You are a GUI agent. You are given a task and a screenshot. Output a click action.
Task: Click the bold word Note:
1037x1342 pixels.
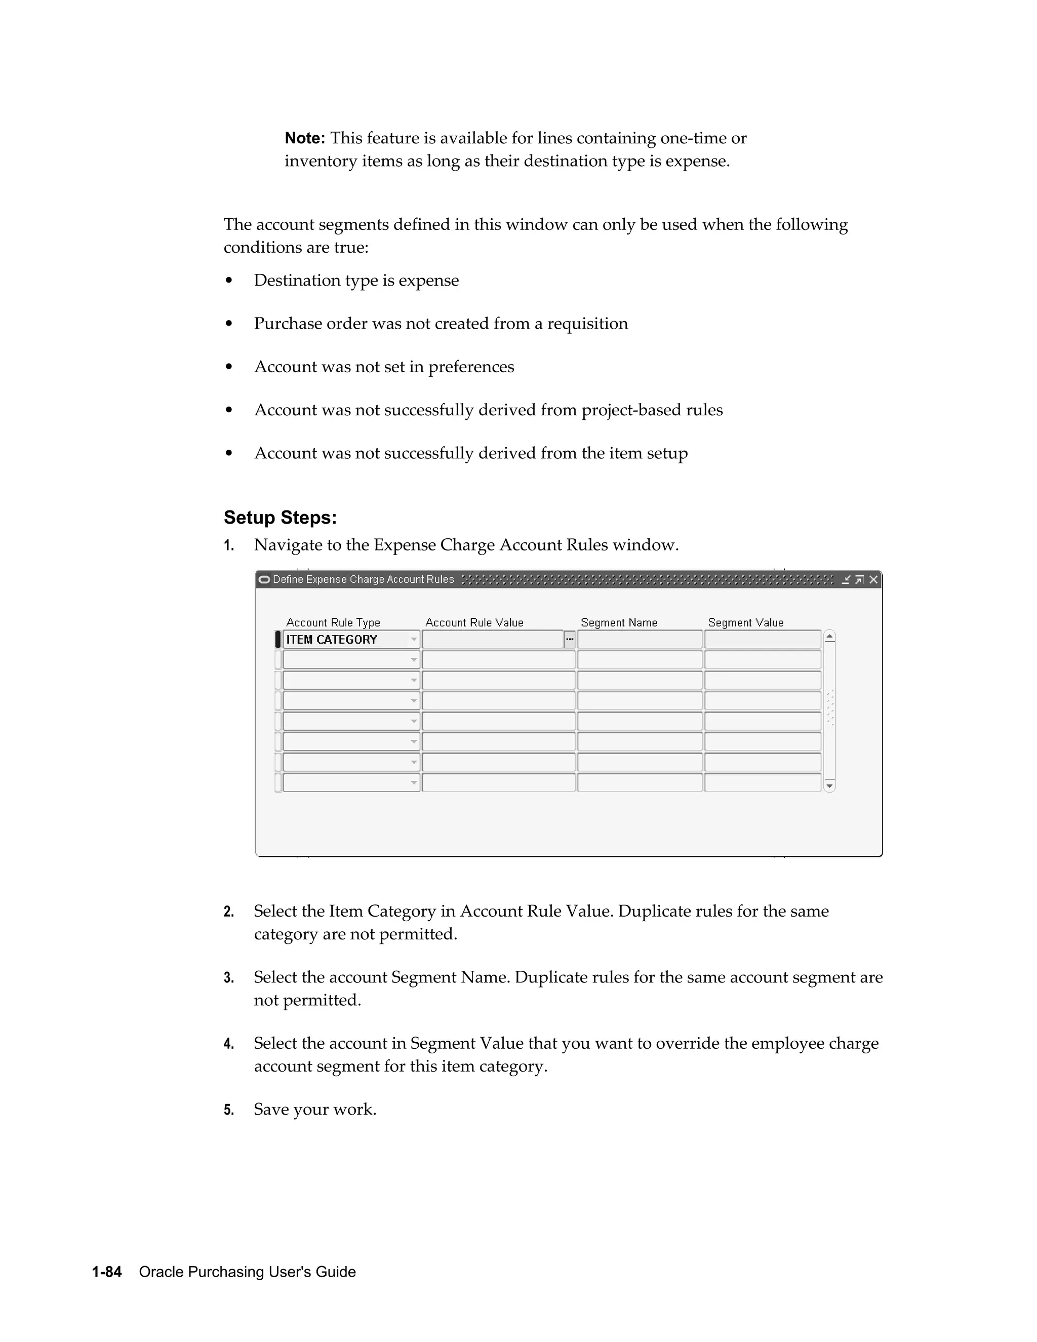pyautogui.click(x=304, y=138)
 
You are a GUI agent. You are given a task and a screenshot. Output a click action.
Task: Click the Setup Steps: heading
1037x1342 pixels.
pyautogui.click(x=280, y=518)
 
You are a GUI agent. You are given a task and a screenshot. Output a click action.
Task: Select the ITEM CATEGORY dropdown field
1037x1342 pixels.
pyautogui.click(x=350, y=640)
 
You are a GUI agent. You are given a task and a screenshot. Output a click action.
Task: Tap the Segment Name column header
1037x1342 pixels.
pyautogui.click(x=619, y=622)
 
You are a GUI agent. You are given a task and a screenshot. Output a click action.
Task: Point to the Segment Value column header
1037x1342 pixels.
pyautogui.click(x=745, y=622)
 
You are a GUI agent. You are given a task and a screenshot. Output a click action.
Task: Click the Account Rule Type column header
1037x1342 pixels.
pyautogui.click(x=333, y=622)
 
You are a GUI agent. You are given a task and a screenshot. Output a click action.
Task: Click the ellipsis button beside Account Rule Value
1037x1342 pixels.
pyautogui.click(x=570, y=640)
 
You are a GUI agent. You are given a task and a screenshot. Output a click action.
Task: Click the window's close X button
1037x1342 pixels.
pyautogui.click(x=873, y=579)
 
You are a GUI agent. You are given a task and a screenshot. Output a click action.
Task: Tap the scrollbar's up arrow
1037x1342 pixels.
pyautogui.click(x=829, y=637)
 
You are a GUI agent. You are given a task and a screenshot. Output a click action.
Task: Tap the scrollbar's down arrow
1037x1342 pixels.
pyautogui.click(x=829, y=785)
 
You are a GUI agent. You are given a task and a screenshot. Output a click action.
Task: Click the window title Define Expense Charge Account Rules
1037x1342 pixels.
pyautogui.click(x=363, y=579)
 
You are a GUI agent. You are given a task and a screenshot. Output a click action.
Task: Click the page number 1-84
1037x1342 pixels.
pyautogui.click(x=107, y=1272)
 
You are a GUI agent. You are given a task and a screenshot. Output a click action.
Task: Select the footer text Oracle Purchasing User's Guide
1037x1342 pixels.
pyautogui.click(x=247, y=1272)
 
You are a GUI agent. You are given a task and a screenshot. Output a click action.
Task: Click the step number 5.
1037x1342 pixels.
pyautogui.click(x=228, y=1110)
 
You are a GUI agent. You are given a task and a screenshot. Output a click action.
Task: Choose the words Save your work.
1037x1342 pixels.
pyautogui.click(x=314, y=1109)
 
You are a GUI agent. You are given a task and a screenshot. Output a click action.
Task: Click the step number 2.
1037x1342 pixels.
pyautogui.click(x=228, y=912)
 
